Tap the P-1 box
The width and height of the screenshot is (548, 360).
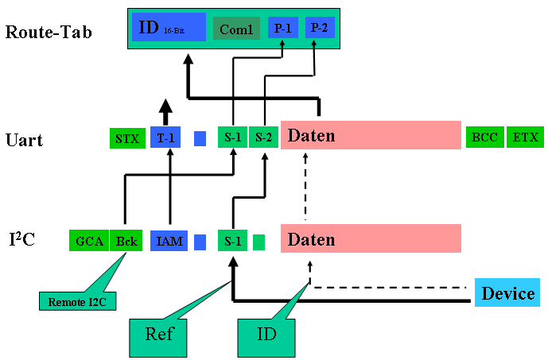pos(283,27)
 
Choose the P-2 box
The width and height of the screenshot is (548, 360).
pos(319,27)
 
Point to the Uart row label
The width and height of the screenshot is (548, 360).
pos(24,141)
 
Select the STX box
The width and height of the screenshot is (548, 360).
pos(126,137)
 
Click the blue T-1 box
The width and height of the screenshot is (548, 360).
pos(165,137)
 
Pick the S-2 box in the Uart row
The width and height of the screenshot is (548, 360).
pos(263,137)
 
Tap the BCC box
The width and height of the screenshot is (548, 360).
pos(484,137)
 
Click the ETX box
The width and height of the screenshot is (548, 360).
pos(525,137)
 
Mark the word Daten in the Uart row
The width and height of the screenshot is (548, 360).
pos(311,136)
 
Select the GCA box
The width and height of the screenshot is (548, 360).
pos(90,240)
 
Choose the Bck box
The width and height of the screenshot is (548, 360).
pos(126,240)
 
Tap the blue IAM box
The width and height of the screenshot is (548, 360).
pos(169,240)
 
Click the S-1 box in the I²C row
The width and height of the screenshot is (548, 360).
pos(232,240)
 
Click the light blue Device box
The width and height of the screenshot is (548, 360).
pos(508,293)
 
